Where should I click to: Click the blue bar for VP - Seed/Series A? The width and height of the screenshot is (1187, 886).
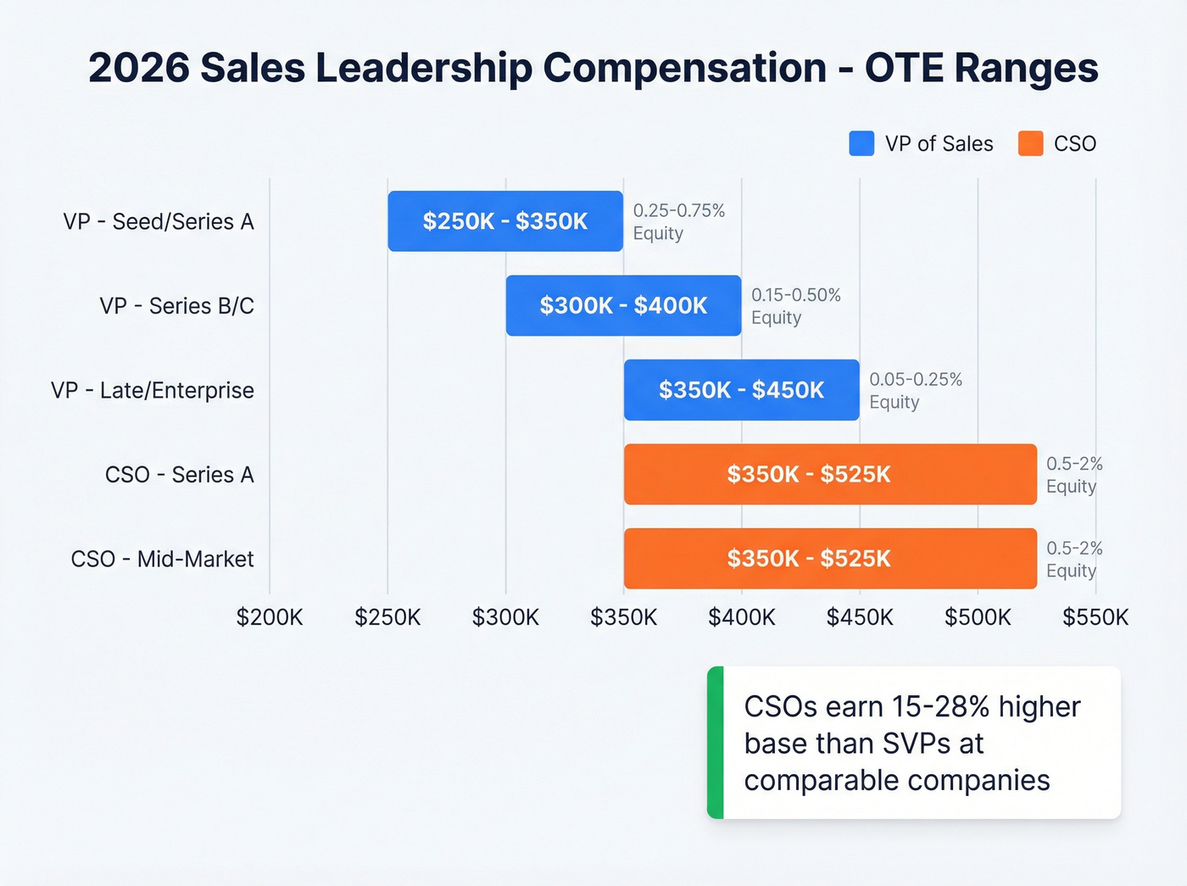505,221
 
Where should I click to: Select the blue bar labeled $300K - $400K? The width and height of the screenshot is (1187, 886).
623,305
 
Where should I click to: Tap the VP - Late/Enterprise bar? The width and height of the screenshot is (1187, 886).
741,390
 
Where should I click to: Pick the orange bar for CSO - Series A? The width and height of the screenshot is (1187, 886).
830,474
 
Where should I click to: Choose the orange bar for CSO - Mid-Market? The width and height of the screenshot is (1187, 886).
830,559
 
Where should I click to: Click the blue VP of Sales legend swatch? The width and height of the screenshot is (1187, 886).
861,144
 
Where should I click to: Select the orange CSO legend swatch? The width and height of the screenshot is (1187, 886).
1030,144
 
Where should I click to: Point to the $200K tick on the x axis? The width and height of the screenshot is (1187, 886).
270,617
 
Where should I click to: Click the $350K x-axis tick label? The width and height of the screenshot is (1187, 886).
623,617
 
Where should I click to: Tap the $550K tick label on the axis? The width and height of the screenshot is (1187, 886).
1095,617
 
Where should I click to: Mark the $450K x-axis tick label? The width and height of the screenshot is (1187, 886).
860,617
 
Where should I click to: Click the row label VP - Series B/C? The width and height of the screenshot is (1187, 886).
176,306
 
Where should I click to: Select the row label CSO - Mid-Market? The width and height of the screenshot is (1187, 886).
162,560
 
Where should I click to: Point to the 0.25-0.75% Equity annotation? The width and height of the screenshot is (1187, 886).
678,221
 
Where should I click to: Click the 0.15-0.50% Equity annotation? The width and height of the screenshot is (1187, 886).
795,306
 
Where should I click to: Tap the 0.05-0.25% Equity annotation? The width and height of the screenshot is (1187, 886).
915,390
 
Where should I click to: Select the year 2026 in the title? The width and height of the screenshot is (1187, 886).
138,68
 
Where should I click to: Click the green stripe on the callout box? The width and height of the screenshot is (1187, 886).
716,743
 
